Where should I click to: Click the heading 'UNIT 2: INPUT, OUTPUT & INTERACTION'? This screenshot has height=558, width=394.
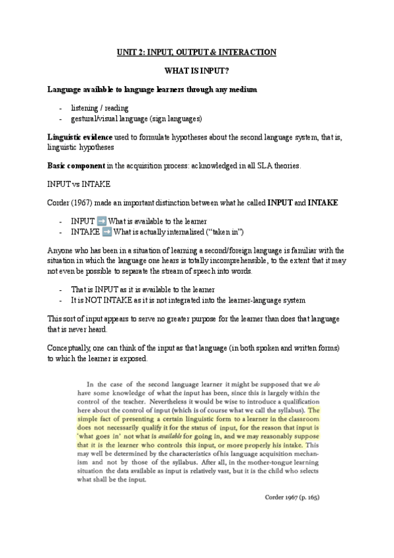196,52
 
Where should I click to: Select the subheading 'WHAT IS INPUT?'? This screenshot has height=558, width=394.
196,70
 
